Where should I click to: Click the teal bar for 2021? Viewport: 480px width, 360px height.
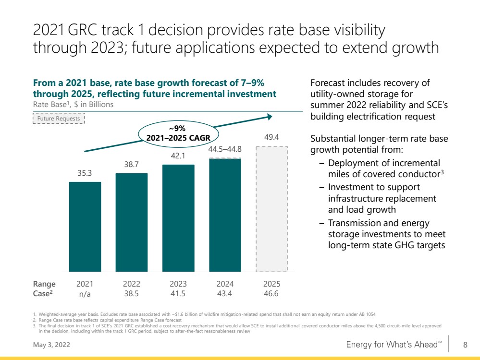[x=85, y=227]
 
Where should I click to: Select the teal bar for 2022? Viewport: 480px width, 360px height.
[x=132, y=222]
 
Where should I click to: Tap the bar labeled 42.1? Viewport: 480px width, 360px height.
[x=178, y=218]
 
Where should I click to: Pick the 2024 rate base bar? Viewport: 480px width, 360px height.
[x=225, y=215]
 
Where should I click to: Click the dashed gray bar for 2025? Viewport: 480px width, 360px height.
[x=272, y=209]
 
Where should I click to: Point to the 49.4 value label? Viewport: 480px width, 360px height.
[x=271, y=137]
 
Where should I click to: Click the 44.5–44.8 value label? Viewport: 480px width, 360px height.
[x=225, y=149]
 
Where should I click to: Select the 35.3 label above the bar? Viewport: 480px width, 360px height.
[x=85, y=173]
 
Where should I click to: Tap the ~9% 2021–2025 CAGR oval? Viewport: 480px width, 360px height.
[x=178, y=133]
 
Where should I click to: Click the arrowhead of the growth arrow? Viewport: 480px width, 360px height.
[x=270, y=117]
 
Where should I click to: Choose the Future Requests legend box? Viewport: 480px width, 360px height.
[x=59, y=119]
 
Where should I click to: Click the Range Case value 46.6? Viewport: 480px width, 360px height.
[x=271, y=294]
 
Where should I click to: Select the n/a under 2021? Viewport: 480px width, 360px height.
[x=85, y=294]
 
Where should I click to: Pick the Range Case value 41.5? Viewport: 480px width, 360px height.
[x=178, y=294]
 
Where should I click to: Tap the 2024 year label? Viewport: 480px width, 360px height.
[x=225, y=284]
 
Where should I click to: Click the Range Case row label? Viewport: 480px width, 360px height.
[x=44, y=289]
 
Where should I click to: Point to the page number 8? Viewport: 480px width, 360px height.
[x=465, y=345]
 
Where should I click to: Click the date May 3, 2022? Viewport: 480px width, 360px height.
[x=51, y=345]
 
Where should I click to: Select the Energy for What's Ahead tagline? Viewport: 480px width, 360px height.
[x=394, y=345]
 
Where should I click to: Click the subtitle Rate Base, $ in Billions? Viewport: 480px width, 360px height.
[x=73, y=104]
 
